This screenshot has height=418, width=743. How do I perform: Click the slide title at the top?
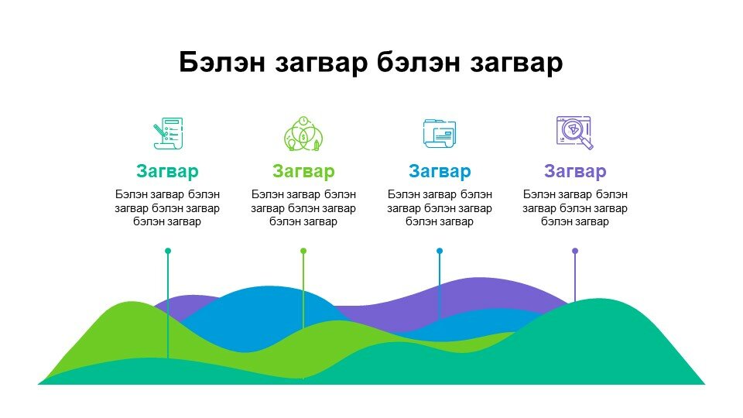[x=371, y=63]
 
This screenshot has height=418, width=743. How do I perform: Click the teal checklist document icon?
[x=168, y=133]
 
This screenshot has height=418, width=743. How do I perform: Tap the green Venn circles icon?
[x=303, y=134]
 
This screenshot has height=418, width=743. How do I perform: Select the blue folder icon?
[x=440, y=134]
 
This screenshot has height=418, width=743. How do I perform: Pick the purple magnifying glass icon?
[x=574, y=132]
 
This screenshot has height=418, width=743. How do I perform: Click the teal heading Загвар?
[x=167, y=171]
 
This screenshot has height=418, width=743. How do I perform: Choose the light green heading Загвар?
[x=303, y=171]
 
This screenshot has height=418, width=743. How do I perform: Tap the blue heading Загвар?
[x=440, y=171]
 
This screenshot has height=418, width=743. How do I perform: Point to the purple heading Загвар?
[x=575, y=171]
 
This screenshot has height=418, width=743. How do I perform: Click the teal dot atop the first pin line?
[x=168, y=251]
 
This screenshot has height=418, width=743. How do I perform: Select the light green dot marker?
[x=303, y=251]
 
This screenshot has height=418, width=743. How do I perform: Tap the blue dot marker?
[x=440, y=251]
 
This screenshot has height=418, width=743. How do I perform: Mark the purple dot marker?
[x=575, y=251]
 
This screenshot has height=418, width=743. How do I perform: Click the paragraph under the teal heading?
[x=167, y=208]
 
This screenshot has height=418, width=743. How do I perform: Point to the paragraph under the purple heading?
[x=575, y=208]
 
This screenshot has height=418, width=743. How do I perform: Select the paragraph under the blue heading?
[x=440, y=208]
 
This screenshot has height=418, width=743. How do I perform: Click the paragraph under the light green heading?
[x=303, y=208]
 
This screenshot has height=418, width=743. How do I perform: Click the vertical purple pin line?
[x=575, y=276]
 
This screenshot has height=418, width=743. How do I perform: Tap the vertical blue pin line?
[x=440, y=285]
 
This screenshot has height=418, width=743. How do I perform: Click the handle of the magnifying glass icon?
[x=587, y=144]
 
